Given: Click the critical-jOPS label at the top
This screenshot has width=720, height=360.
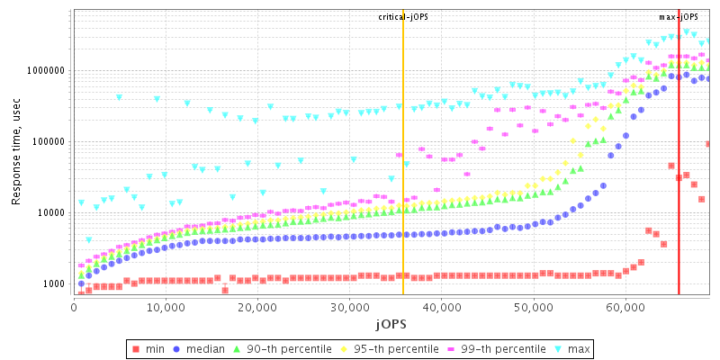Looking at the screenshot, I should tap(403, 17).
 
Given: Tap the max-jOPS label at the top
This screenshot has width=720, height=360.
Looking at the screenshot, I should tap(679, 17).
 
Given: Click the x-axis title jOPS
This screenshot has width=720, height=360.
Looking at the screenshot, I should tap(391, 323).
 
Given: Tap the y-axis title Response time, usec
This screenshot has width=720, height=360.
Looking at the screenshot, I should tap(16, 153).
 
